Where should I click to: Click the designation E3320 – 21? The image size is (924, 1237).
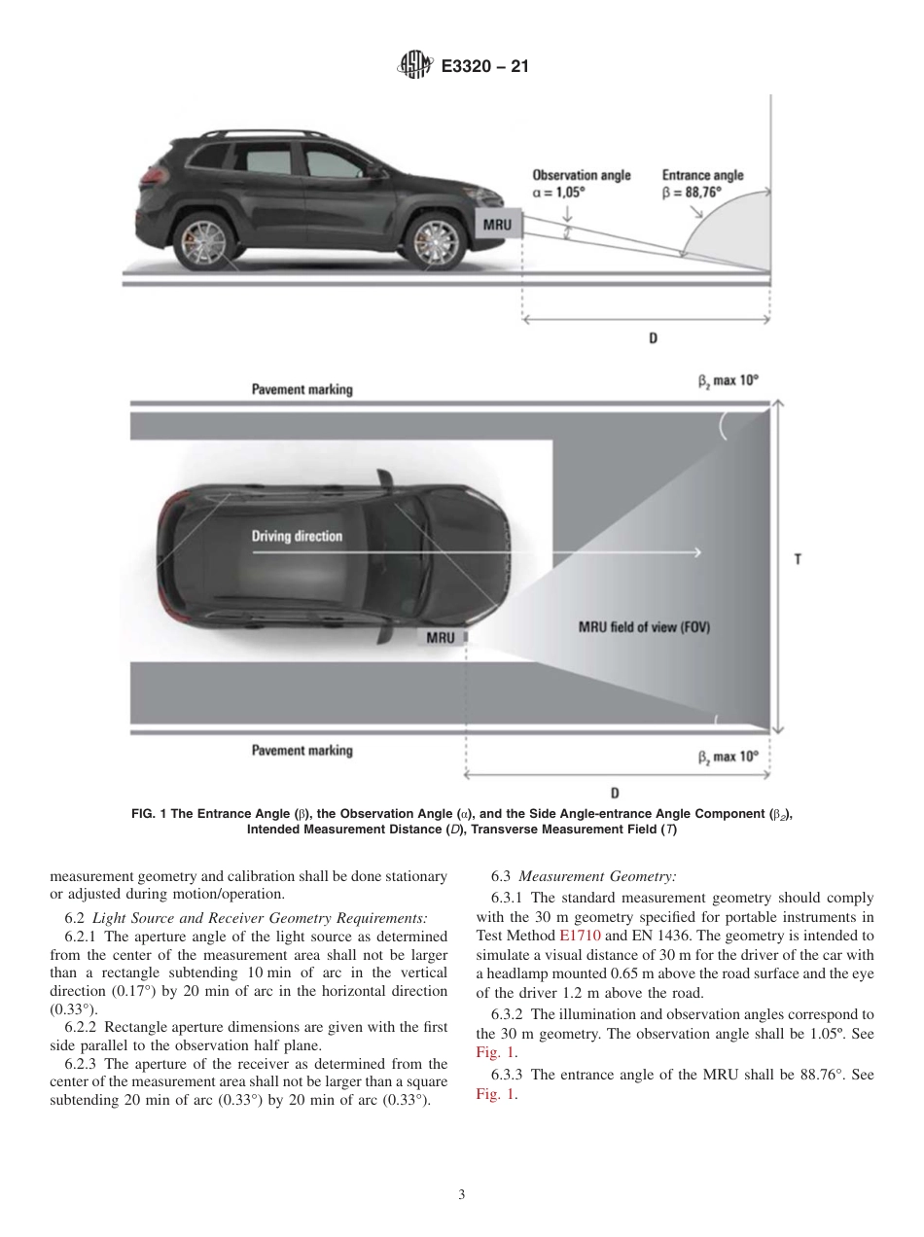tap(484, 67)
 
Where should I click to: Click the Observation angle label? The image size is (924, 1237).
tap(581, 175)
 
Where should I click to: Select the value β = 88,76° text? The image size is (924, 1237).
tap(692, 193)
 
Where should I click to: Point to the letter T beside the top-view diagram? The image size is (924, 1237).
tap(798, 560)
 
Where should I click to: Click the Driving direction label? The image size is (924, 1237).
tap(297, 536)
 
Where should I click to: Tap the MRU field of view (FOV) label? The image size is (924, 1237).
tap(644, 627)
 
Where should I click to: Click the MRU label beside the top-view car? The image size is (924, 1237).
tap(441, 638)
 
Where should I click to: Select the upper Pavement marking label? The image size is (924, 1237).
tap(302, 389)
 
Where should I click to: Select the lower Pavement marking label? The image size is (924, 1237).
tap(302, 751)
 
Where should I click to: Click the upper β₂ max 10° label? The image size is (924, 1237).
tap(727, 381)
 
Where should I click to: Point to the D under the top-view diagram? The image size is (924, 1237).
tap(615, 792)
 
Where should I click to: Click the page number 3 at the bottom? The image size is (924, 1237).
tap(461, 1193)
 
